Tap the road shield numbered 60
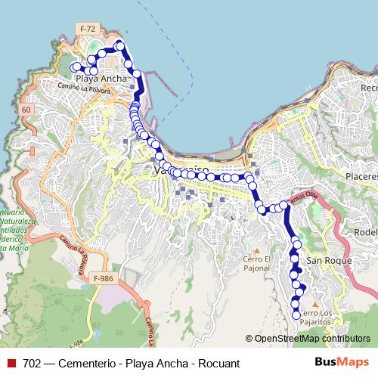coord(26,110)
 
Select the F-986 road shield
coord(105,279)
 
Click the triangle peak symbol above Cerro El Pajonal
coord(256,250)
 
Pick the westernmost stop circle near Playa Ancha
coord(75,67)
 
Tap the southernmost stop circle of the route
coord(296,316)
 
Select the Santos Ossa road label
coord(304,197)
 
